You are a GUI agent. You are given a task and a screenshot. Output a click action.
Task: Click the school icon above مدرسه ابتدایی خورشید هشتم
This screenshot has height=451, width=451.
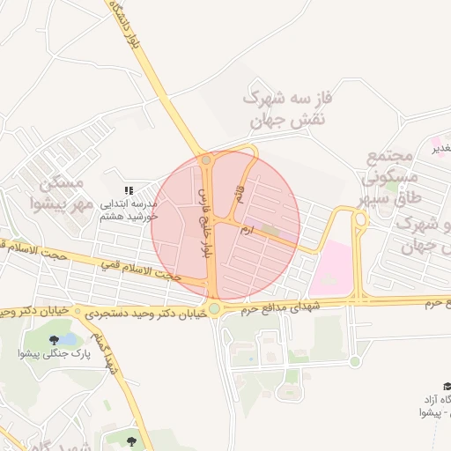click(x=129, y=189)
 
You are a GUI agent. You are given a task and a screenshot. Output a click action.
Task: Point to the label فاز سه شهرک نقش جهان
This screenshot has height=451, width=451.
click(x=285, y=108)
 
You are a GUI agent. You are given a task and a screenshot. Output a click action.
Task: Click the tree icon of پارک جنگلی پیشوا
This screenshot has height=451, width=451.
click(x=66, y=339)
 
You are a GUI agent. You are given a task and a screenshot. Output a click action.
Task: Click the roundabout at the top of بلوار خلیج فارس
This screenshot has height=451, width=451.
click(x=206, y=160)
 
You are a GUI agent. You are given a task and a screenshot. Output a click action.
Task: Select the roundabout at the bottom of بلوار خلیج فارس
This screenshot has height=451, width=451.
click(x=214, y=308)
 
